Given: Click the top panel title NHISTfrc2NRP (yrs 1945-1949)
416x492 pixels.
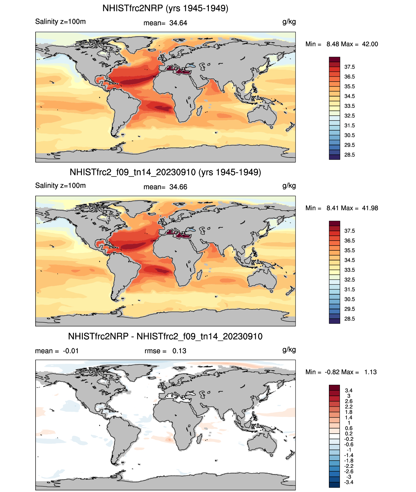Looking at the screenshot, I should pyautogui.click(x=165, y=8).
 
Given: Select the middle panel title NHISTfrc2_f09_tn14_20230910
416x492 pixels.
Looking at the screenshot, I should pyautogui.click(x=165, y=172).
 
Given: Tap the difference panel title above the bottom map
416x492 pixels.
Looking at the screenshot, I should pyautogui.click(x=165, y=337).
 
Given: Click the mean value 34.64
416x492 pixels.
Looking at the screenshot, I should pyautogui.click(x=178, y=23).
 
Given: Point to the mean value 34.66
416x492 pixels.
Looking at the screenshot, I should pyautogui.click(x=178, y=187).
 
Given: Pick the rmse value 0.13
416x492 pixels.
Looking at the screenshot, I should pyautogui.click(x=179, y=351).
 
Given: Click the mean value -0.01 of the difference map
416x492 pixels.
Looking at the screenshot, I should pyautogui.click(x=71, y=351).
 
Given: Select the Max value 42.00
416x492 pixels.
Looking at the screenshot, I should pyautogui.click(x=370, y=44).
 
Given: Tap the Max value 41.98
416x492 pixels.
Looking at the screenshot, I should pyautogui.click(x=370, y=208).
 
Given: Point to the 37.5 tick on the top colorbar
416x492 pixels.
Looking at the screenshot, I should pyautogui.click(x=349, y=67).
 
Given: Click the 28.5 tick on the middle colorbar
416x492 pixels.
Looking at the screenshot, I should pyautogui.click(x=349, y=319).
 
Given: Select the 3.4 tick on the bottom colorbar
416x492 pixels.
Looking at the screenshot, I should pyautogui.click(x=349, y=390).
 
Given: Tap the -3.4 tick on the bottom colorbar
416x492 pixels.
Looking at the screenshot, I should pyautogui.click(x=349, y=482).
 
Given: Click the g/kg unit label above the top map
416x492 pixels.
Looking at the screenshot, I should pyautogui.click(x=289, y=22).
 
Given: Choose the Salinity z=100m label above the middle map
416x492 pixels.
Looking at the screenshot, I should pyautogui.click(x=60, y=186).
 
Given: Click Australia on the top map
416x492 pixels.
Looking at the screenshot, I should pyautogui.click(x=262, y=115).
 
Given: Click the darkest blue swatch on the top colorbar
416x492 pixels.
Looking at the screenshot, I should pyautogui.click(x=334, y=157).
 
